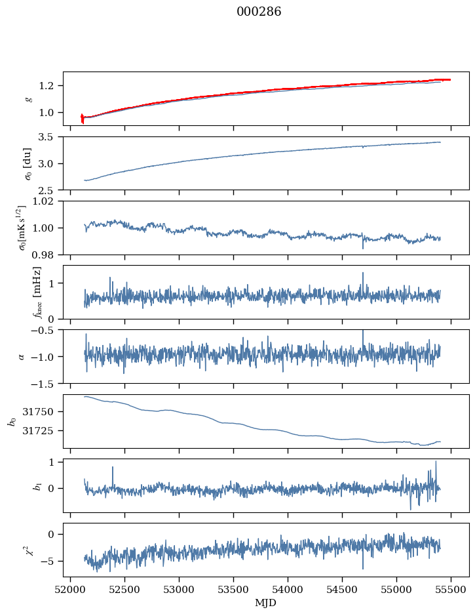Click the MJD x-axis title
[x=265, y=602]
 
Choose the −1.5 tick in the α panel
[x=47, y=383]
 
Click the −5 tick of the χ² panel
[x=52, y=562]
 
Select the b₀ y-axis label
[x=12, y=421]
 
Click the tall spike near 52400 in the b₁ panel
[x=113, y=468]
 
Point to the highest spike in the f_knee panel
[x=362, y=274]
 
